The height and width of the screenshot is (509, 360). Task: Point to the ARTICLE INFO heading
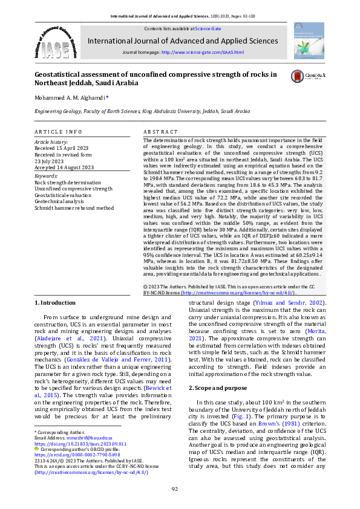58,131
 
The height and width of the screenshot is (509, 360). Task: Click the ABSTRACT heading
160,131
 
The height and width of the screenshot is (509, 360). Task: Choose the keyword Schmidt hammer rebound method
74,207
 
